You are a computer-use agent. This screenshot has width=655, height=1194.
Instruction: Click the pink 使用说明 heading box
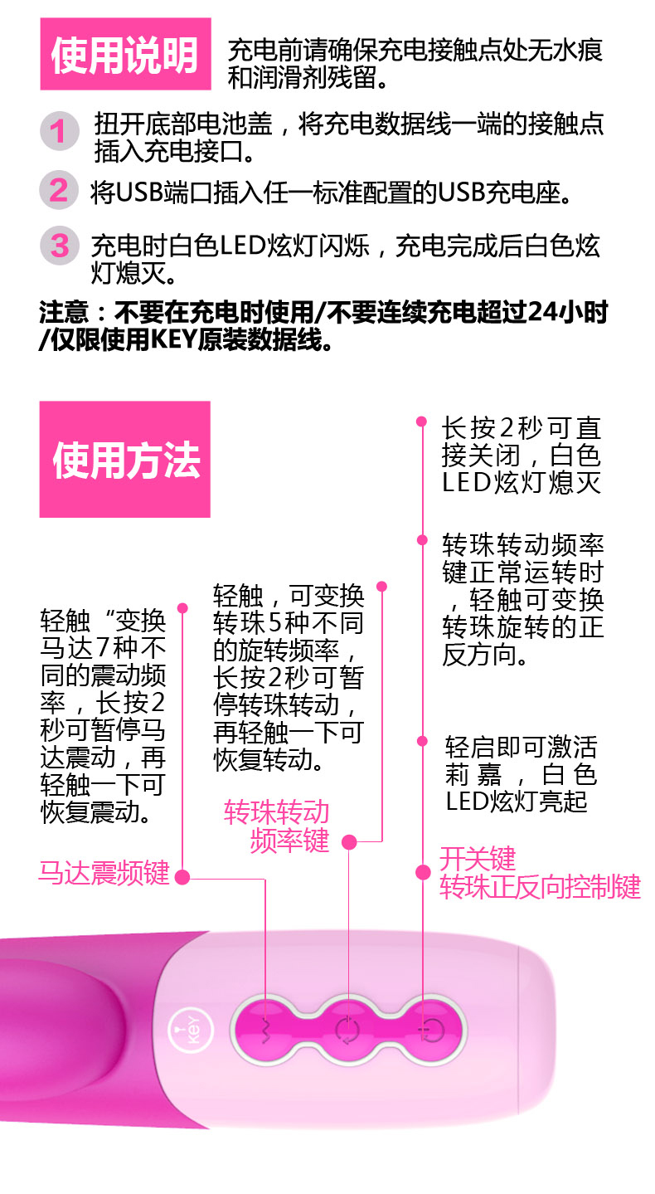coord(125,54)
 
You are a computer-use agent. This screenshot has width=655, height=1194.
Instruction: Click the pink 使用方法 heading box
coord(125,459)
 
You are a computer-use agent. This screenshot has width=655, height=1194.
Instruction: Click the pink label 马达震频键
coord(104,873)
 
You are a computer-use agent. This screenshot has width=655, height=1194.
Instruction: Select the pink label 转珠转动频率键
coord(278,826)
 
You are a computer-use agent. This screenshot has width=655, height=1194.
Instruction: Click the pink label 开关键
coord(478,858)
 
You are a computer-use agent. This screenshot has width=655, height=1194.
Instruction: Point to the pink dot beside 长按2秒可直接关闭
coord(422,423)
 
